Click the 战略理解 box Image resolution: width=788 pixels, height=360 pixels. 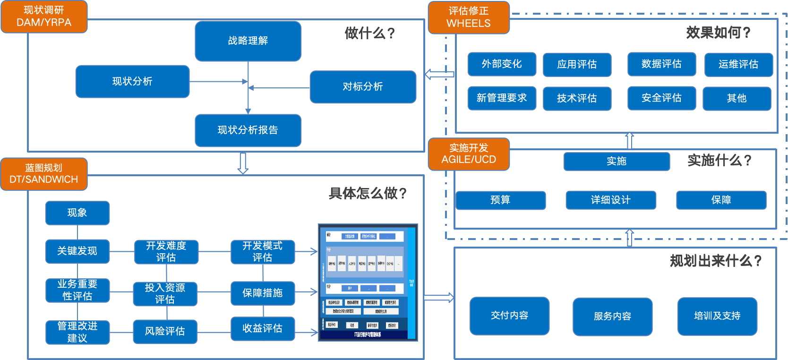(x=248, y=41)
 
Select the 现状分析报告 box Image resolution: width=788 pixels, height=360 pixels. (x=248, y=130)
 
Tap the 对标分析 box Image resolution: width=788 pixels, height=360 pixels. (x=363, y=87)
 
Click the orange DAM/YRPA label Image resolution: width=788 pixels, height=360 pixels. (x=44, y=17)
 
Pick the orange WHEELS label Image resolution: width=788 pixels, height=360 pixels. (x=469, y=17)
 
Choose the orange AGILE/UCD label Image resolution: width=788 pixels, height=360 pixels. (x=469, y=154)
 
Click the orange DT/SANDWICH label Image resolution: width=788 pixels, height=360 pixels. (x=44, y=174)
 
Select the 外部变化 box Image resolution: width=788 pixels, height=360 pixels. (x=502, y=64)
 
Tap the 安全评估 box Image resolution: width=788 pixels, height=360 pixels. (x=661, y=98)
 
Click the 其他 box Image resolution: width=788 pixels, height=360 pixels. (x=737, y=98)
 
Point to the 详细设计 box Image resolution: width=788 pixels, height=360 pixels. (x=610, y=200)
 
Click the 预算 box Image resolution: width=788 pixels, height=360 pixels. (x=500, y=200)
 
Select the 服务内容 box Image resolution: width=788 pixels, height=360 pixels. (x=612, y=317)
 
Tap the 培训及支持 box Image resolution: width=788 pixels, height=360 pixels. (x=717, y=316)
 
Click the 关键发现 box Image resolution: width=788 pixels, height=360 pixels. (x=77, y=251)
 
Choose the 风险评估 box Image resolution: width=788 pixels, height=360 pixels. (x=165, y=332)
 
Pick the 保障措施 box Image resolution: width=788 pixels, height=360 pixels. (x=263, y=293)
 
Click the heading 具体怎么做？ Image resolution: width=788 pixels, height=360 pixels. (x=368, y=193)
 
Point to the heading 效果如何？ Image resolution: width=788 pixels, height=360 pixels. (x=718, y=33)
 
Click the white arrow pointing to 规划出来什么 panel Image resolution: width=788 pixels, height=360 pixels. (x=438, y=298)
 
